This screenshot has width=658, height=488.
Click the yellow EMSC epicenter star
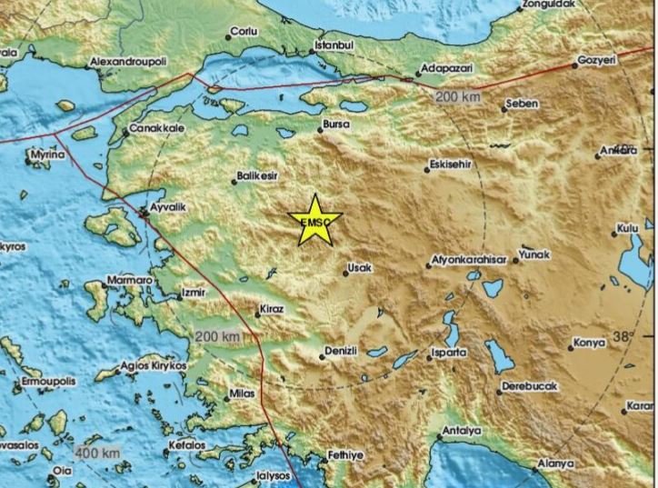[314, 221]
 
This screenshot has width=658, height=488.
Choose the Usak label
[358, 268]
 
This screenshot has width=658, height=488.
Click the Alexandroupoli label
[128, 62]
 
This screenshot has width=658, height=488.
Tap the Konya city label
[586, 344]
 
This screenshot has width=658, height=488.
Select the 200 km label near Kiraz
[217, 337]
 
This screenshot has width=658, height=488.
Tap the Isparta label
[448, 352]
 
